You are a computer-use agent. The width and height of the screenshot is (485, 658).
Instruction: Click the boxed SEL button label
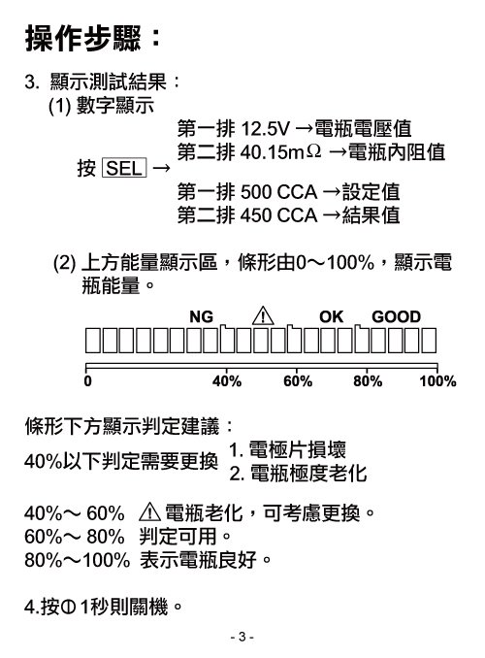124,168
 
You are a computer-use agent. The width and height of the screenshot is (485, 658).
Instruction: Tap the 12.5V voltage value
265,128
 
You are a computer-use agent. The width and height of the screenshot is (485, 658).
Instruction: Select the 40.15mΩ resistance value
280,152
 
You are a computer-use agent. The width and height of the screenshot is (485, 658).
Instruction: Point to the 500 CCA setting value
278,192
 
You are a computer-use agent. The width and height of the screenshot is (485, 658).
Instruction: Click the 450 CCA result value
278,215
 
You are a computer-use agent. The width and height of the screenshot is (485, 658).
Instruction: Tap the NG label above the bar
201,316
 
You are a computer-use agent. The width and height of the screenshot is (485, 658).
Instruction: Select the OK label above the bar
331,316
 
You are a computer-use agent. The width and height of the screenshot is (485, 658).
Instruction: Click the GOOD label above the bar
396,316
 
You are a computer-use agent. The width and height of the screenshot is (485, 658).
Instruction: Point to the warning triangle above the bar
263,316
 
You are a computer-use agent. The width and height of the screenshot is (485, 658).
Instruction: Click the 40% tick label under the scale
227,381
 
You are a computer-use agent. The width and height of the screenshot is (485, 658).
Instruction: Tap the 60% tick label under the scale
298,381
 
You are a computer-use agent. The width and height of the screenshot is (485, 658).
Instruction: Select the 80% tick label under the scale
368,381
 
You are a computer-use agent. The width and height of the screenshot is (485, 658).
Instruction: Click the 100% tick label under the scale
437,381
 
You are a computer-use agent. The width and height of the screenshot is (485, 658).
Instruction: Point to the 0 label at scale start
87,381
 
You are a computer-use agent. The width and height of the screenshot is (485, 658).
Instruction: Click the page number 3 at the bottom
242,637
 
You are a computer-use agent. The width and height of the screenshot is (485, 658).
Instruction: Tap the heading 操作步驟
83,39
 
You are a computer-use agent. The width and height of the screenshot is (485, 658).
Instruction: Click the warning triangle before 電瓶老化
149,512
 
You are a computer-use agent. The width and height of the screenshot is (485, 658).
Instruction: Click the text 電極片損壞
298,449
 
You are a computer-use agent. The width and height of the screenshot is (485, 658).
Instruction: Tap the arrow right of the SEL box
162,168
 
